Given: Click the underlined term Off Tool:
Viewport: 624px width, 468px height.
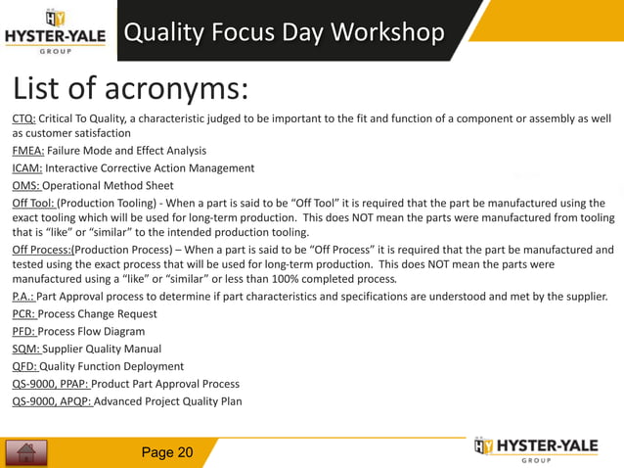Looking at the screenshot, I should [33, 202].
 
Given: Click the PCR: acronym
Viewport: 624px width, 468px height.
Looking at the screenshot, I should [24, 313].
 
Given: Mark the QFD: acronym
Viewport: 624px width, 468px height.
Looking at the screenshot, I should [24, 366].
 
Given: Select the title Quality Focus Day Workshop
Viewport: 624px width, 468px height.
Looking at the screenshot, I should [284, 32].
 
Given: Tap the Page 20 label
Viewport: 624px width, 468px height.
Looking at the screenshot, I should [167, 451].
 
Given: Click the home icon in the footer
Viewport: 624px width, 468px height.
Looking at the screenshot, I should [26, 452].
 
